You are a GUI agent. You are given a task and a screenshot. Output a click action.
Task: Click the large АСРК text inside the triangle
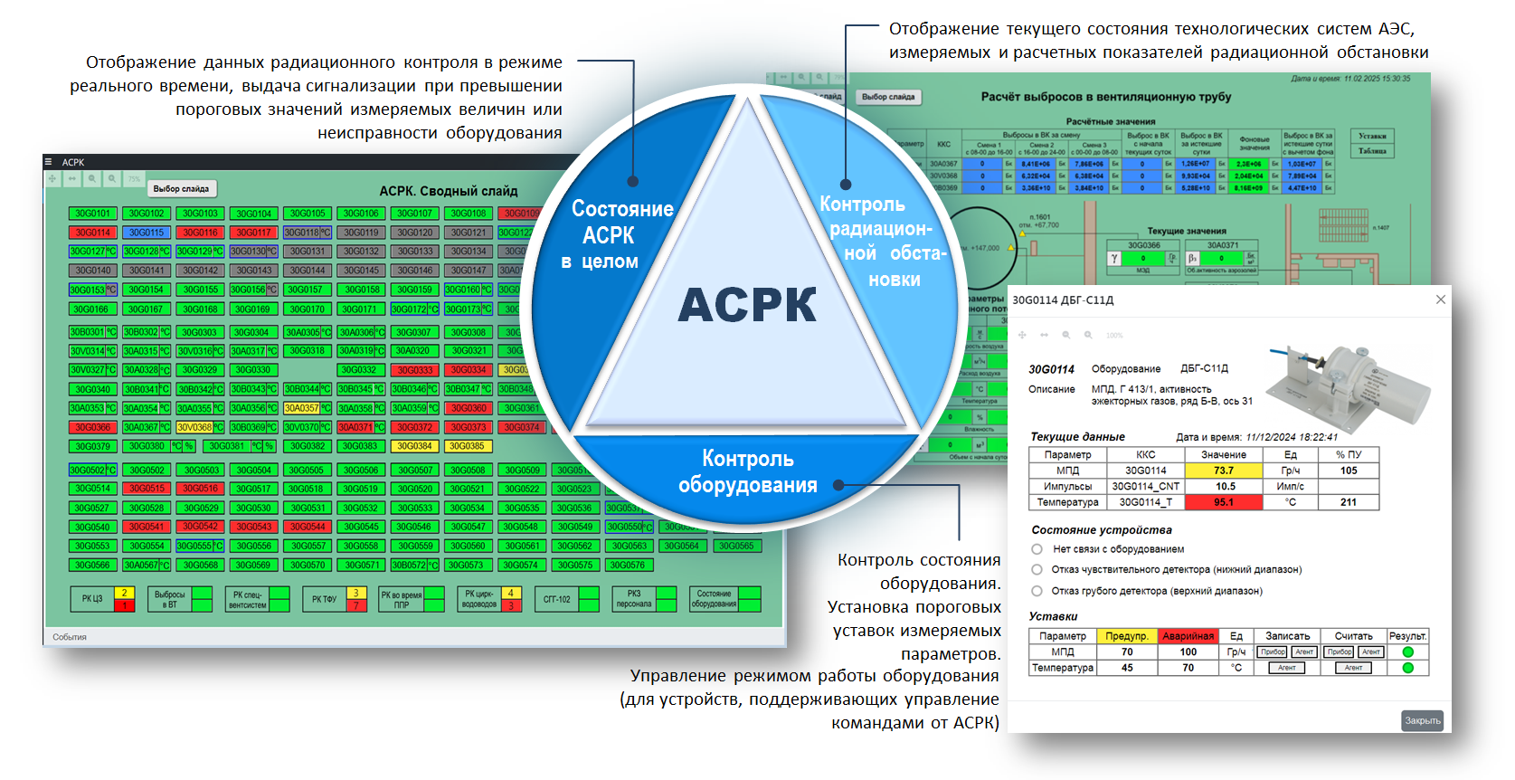click(747, 305)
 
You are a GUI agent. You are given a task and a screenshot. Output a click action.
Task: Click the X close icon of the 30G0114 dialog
click(1441, 300)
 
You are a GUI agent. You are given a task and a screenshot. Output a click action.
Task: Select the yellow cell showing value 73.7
click(1223, 471)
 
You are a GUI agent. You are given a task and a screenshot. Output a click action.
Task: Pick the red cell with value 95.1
click(1223, 502)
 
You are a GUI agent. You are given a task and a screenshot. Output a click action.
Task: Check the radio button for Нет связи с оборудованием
click(1037, 549)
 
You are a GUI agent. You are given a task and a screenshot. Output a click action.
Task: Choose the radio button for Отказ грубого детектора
click(1037, 591)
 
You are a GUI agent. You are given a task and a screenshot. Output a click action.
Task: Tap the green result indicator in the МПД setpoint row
click(1407, 652)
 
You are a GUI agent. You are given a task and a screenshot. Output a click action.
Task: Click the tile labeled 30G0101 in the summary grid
click(92, 214)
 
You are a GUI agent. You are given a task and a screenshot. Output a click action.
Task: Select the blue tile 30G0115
click(146, 233)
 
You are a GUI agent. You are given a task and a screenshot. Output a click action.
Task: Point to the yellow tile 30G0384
click(414, 446)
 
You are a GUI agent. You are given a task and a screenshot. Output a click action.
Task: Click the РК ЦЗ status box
click(92, 599)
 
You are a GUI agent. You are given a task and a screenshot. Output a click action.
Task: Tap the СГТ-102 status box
click(557, 599)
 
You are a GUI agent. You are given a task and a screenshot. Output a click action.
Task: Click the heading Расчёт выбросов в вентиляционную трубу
click(1105, 97)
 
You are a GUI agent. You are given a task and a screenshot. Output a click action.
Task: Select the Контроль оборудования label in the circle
click(747, 471)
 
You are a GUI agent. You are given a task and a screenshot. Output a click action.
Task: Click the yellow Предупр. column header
click(1126, 636)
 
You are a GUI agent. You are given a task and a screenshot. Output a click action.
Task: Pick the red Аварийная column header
click(1188, 636)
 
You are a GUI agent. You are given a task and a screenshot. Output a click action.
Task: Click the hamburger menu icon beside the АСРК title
click(49, 163)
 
